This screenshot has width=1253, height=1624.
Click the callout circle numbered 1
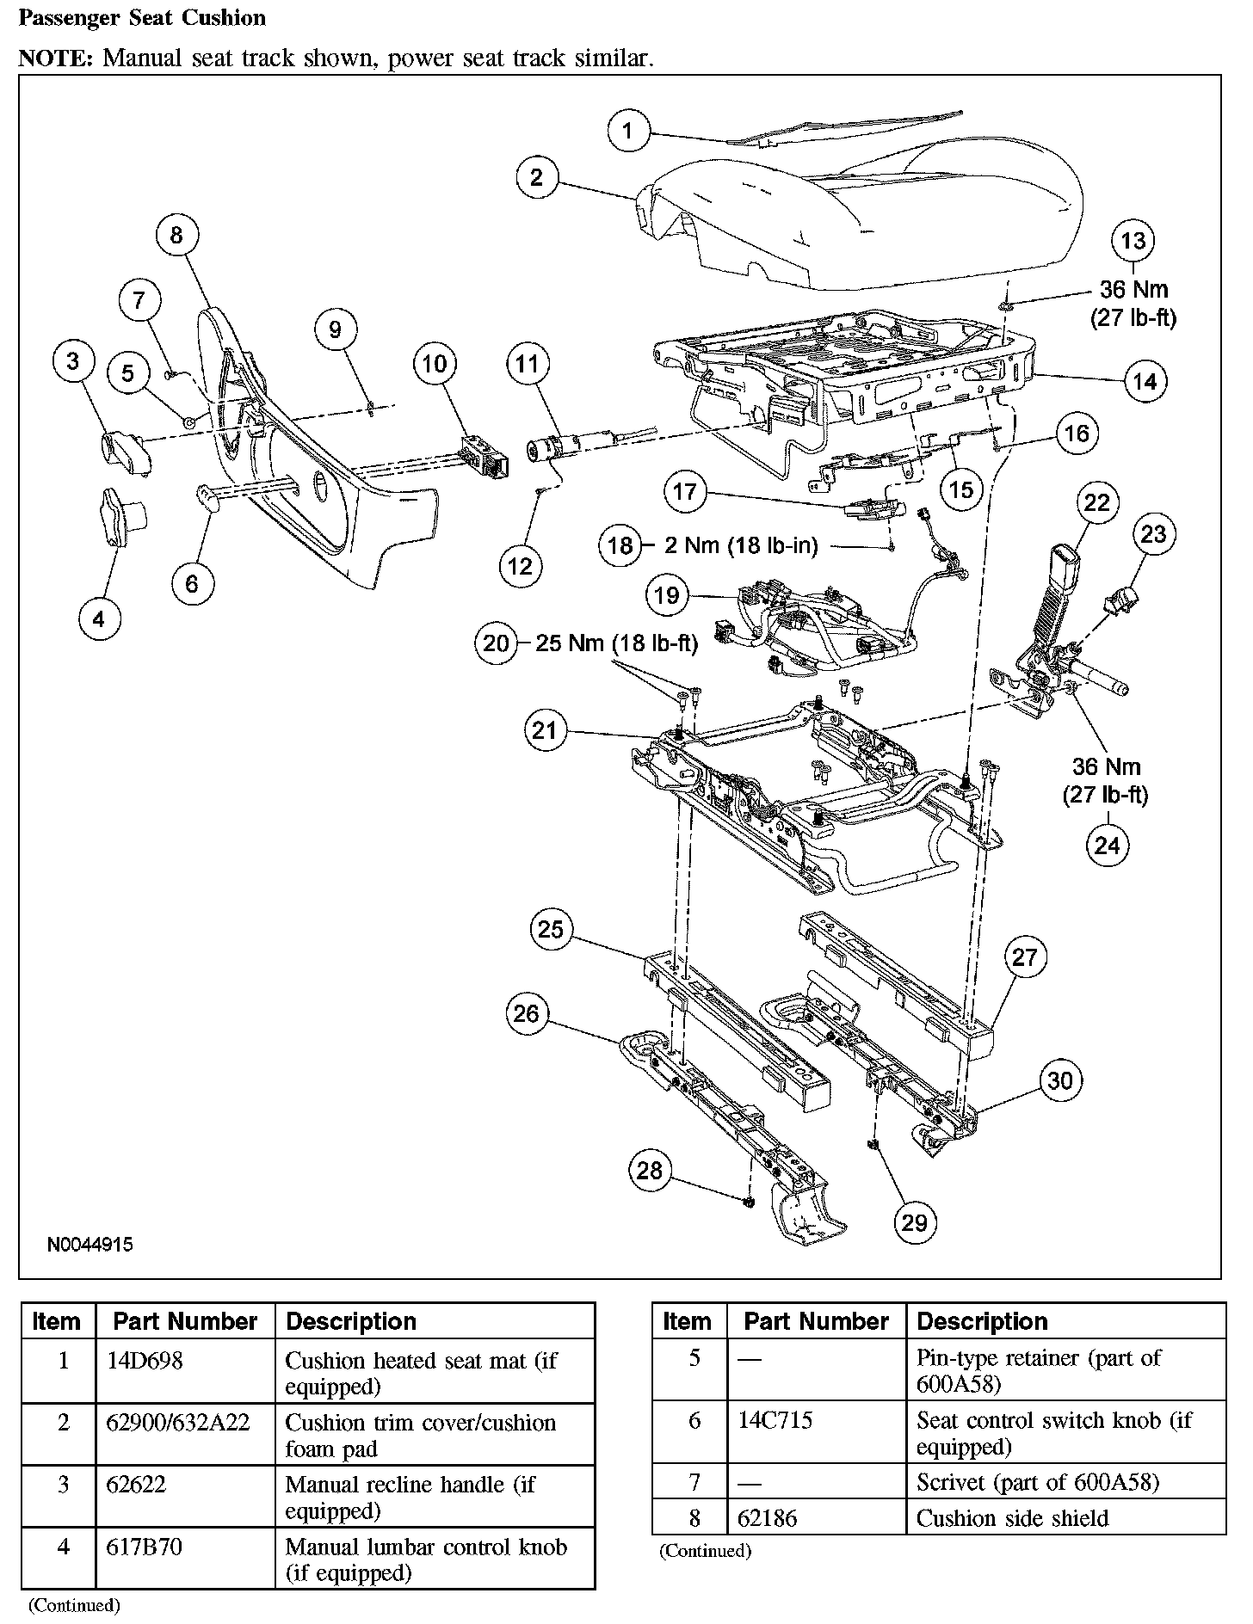point(627,132)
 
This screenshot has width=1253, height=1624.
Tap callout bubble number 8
point(176,235)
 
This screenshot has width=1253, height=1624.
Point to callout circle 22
point(1096,501)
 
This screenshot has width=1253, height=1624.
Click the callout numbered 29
point(914,1222)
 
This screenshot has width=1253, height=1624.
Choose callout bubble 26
point(526,1013)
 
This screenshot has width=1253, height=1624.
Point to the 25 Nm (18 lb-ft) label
point(616,643)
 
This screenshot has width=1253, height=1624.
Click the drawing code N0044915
point(90,1244)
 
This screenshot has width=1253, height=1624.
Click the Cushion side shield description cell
point(1012,1518)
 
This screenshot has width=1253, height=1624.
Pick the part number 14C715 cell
point(775,1420)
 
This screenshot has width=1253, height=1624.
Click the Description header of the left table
point(351,1321)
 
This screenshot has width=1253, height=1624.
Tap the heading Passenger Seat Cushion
point(142,17)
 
